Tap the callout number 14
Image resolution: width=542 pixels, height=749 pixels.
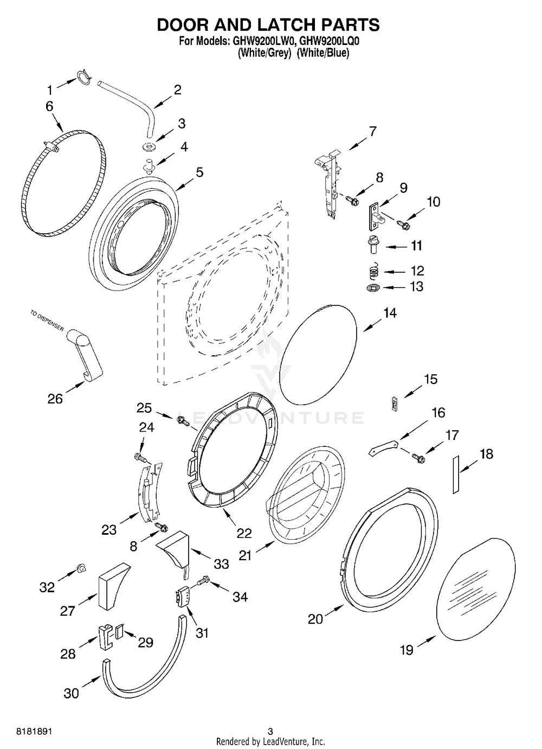[390, 313]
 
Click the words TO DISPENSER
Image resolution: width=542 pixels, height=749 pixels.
[47, 321]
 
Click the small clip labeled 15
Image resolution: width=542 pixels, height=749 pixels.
[395, 404]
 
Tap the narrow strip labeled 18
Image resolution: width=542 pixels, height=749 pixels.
[456, 475]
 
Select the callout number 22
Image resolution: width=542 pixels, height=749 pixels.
[244, 533]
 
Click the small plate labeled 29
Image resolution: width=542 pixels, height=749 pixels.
[120, 631]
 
